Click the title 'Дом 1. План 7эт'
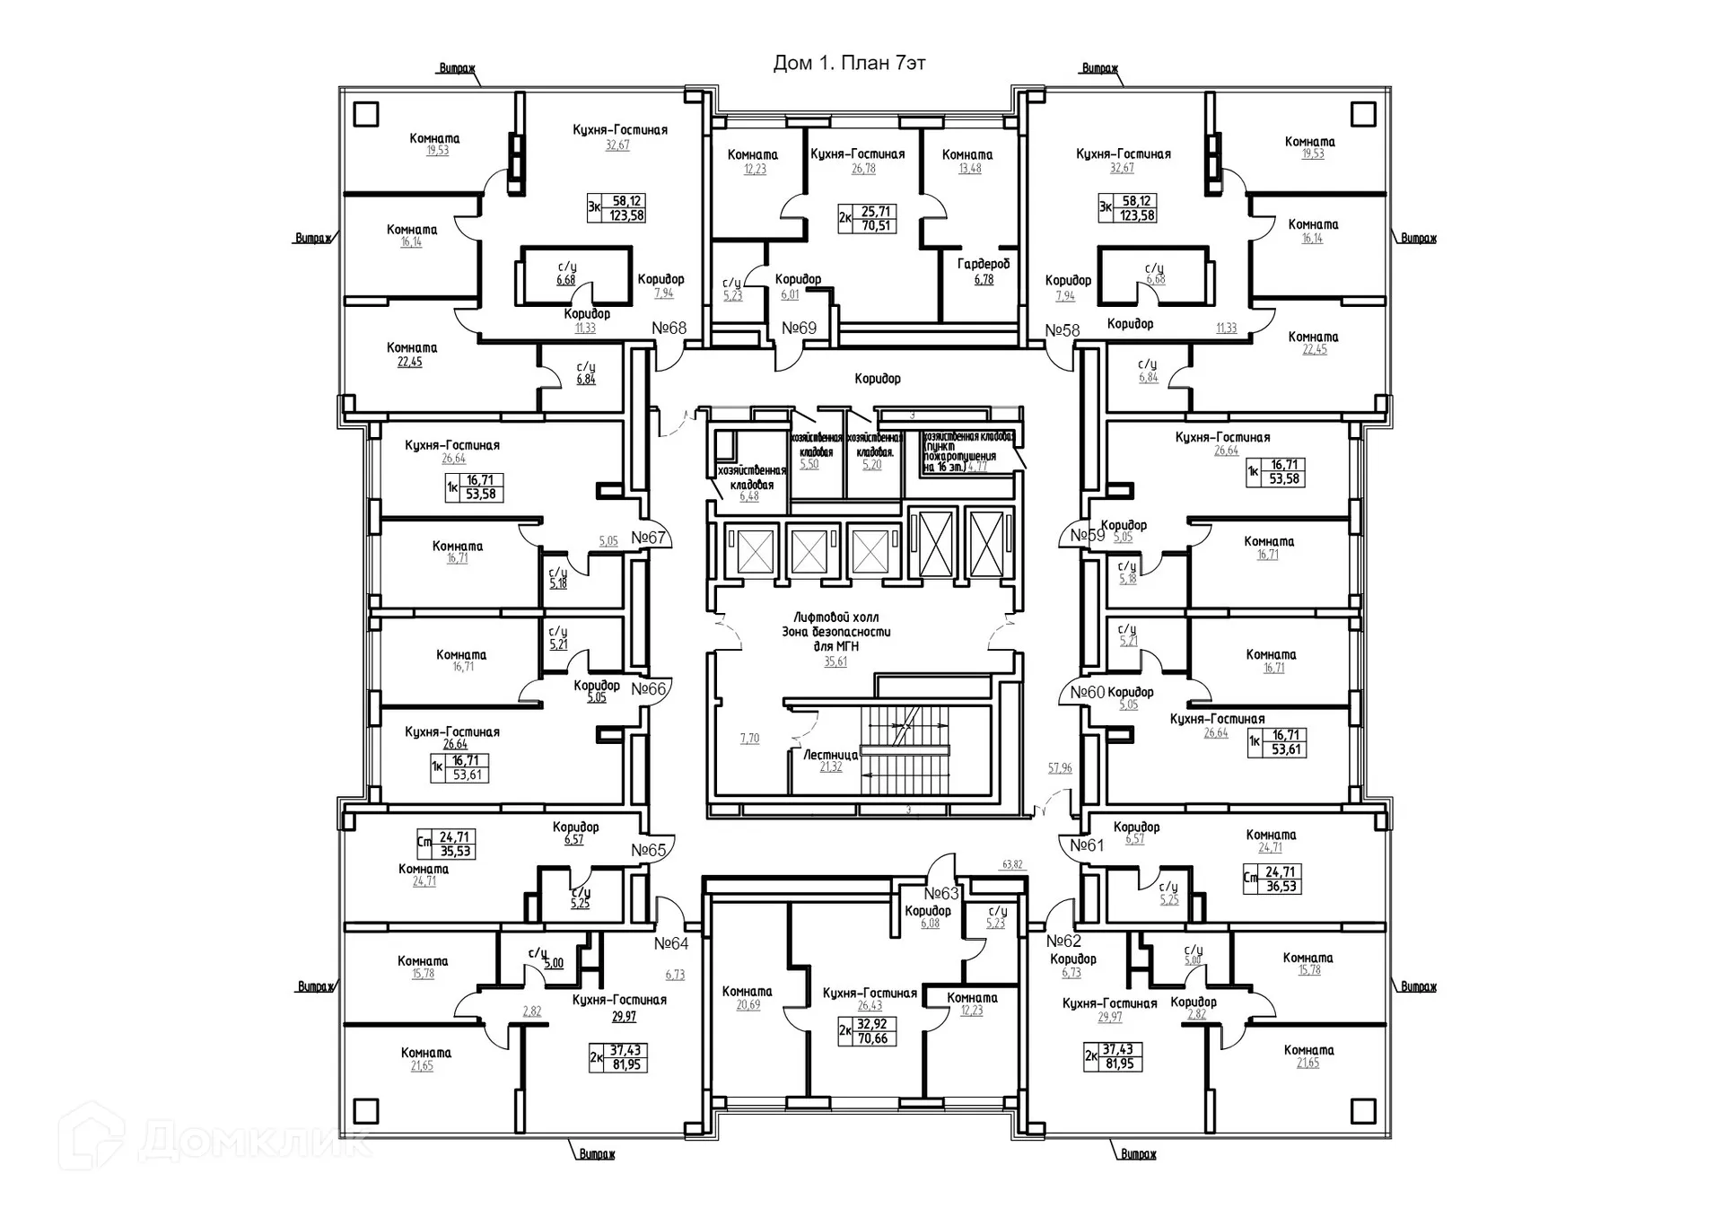pos(849,63)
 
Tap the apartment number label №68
pos(669,328)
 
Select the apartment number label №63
pos(941,894)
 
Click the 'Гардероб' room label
pos(984,264)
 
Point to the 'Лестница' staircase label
pos(830,756)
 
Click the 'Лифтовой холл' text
pos(835,617)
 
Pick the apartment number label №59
pos(1087,536)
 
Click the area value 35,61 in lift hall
pos(835,661)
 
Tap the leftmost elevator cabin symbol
pos(755,551)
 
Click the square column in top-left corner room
pos(366,114)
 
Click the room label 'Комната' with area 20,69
pos(747,992)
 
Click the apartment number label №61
pos(1087,845)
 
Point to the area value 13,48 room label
pos(969,169)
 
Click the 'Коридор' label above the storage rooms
pos(878,379)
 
